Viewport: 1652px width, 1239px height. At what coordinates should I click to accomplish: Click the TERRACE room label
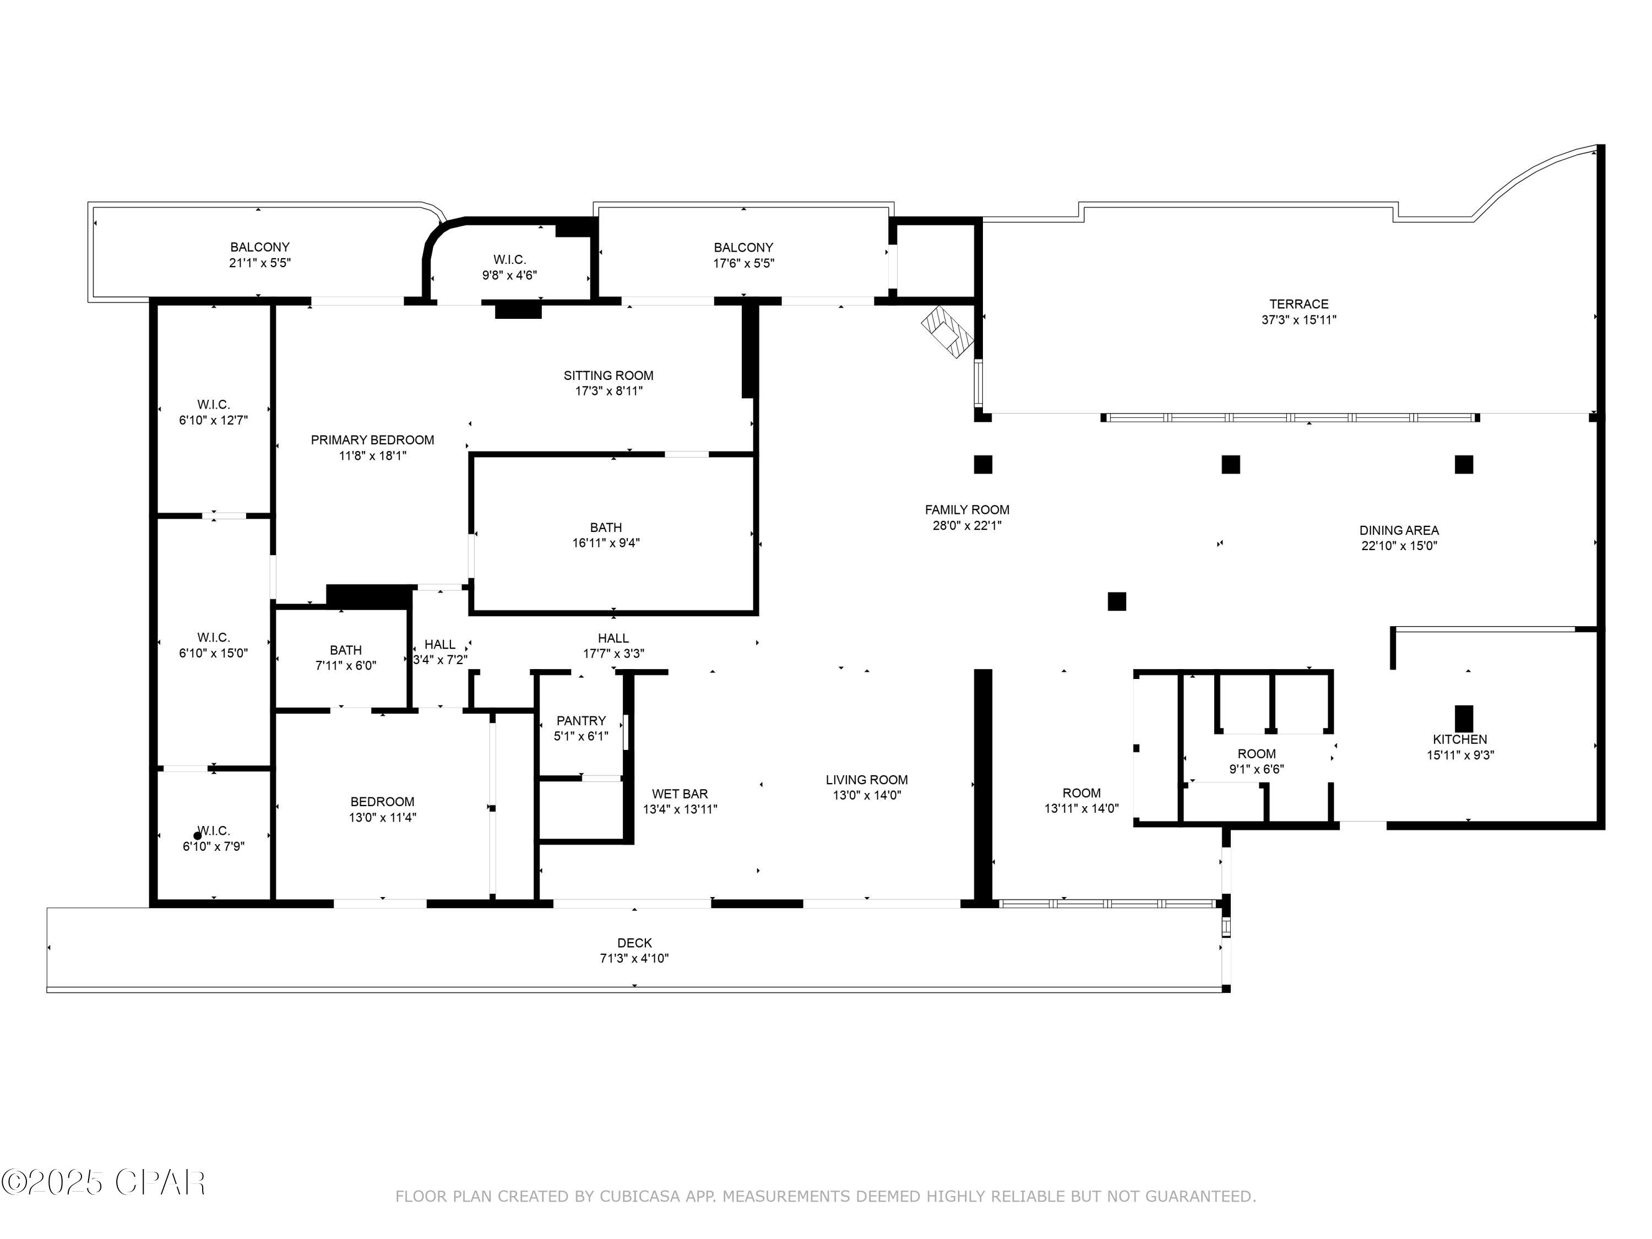[1298, 304]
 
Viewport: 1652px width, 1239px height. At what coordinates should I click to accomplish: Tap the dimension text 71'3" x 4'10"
[634, 958]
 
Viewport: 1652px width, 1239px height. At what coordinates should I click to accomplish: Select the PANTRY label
[580, 721]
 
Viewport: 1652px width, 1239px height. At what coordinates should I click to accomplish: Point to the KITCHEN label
[1459, 740]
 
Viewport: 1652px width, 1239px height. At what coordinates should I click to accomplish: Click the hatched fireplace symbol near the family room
[948, 333]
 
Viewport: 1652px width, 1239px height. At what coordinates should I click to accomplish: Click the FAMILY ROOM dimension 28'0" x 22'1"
[966, 525]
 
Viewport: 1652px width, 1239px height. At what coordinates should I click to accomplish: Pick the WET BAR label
[679, 794]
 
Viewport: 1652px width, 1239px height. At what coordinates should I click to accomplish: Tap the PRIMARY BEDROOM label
[372, 440]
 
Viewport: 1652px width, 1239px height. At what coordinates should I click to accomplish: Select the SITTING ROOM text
[608, 376]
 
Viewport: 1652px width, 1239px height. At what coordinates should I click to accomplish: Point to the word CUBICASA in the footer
[639, 1197]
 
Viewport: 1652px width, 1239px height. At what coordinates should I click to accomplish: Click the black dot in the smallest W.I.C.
[197, 836]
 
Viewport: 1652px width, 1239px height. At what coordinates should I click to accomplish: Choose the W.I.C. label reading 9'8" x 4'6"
[509, 260]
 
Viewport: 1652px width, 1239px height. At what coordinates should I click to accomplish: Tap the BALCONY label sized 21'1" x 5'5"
[259, 247]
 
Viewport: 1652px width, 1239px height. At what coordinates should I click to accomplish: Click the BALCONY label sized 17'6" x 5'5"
[743, 247]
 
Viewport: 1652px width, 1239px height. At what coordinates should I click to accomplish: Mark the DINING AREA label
[1398, 530]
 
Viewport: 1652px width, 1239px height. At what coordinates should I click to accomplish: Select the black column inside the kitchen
[1464, 719]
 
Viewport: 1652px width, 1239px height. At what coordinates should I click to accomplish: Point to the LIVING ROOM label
[866, 780]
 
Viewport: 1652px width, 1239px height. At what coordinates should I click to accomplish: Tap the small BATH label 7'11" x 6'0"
[345, 650]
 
